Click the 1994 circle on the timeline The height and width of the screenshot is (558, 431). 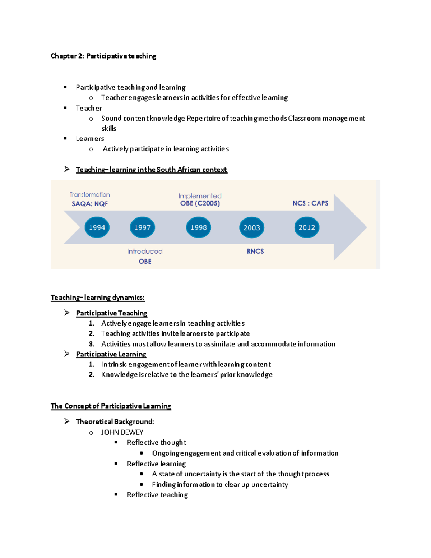click(x=97, y=227)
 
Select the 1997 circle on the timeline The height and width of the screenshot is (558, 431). click(x=143, y=227)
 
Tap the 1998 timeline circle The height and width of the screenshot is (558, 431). click(x=199, y=227)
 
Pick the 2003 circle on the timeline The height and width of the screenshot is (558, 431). click(x=252, y=227)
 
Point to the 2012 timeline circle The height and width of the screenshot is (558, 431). click(x=307, y=227)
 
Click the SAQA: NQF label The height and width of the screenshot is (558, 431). click(x=90, y=204)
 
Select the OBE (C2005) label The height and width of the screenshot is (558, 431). click(x=200, y=203)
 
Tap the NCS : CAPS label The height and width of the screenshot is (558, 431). click(x=310, y=203)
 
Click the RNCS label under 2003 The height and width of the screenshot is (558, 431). click(x=255, y=251)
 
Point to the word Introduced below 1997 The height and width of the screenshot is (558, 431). click(x=145, y=251)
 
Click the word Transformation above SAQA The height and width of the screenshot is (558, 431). click(x=90, y=195)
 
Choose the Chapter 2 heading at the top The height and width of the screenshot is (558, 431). click(x=103, y=56)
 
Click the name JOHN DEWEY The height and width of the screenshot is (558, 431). click(x=122, y=432)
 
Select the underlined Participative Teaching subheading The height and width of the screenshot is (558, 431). click(x=112, y=313)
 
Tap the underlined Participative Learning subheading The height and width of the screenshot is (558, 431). click(x=111, y=354)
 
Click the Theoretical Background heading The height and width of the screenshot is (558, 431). click(x=115, y=421)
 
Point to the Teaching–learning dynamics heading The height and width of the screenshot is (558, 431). click(x=98, y=298)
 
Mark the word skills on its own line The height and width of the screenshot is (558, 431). click(x=109, y=129)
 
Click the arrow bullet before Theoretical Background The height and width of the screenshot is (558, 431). click(x=67, y=421)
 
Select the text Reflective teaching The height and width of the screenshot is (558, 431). click(x=157, y=495)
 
